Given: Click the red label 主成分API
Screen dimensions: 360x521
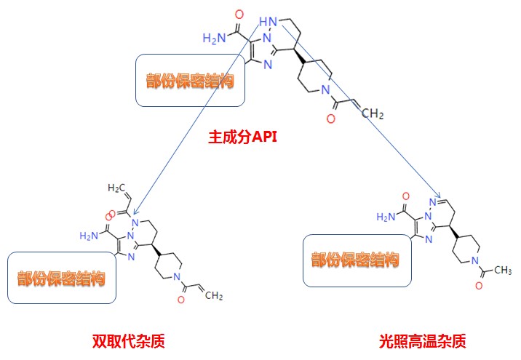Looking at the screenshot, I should [244, 136].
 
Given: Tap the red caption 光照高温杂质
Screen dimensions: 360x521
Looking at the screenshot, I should [423, 340].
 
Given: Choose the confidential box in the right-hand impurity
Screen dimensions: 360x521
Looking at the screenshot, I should [357, 260].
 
